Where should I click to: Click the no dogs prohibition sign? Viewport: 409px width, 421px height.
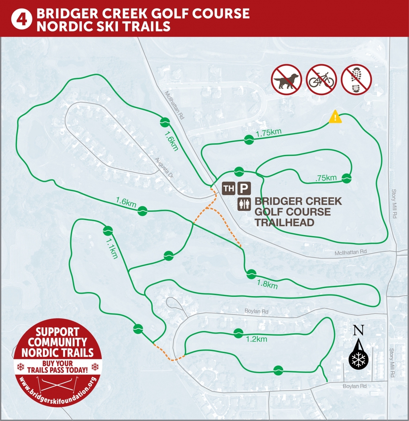286,79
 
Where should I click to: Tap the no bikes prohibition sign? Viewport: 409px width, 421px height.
321,79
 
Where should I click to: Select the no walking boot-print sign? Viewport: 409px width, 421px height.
357,79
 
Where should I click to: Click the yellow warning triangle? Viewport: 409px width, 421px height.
335,117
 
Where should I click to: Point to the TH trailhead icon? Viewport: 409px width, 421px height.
229,188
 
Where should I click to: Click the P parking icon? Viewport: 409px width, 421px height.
244,188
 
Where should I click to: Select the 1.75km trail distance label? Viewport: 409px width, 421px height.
269,133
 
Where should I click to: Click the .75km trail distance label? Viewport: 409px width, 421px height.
326,178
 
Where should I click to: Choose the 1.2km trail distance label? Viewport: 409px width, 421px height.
256,339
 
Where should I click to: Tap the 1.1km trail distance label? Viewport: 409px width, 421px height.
111,248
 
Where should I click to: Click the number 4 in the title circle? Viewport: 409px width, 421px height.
21,19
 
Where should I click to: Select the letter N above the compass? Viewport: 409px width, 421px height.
358,330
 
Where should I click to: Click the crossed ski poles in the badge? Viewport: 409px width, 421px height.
58,384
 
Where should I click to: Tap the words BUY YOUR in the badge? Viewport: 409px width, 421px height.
58,363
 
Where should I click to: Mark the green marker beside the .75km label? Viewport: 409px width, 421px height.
346,178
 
